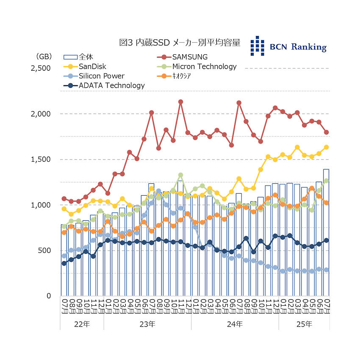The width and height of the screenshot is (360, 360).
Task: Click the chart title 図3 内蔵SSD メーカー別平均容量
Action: [180, 43]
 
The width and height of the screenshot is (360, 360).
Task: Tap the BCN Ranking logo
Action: [288, 46]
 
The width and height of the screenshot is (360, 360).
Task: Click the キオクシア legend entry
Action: [182, 76]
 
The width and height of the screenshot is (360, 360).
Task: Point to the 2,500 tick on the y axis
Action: [42, 68]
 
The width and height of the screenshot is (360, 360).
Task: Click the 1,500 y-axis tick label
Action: [42, 159]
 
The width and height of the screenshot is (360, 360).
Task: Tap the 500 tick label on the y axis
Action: [45, 250]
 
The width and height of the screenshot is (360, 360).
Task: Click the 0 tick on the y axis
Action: [48, 296]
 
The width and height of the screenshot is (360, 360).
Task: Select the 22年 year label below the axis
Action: [82, 324]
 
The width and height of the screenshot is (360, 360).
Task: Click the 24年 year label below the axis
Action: [235, 324]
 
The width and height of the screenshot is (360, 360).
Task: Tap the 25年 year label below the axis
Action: [304, 324]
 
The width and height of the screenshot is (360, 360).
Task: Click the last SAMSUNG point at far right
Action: [327, 132]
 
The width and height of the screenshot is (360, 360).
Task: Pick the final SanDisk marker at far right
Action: [327, 147]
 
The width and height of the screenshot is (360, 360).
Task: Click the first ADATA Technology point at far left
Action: [64, 263]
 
